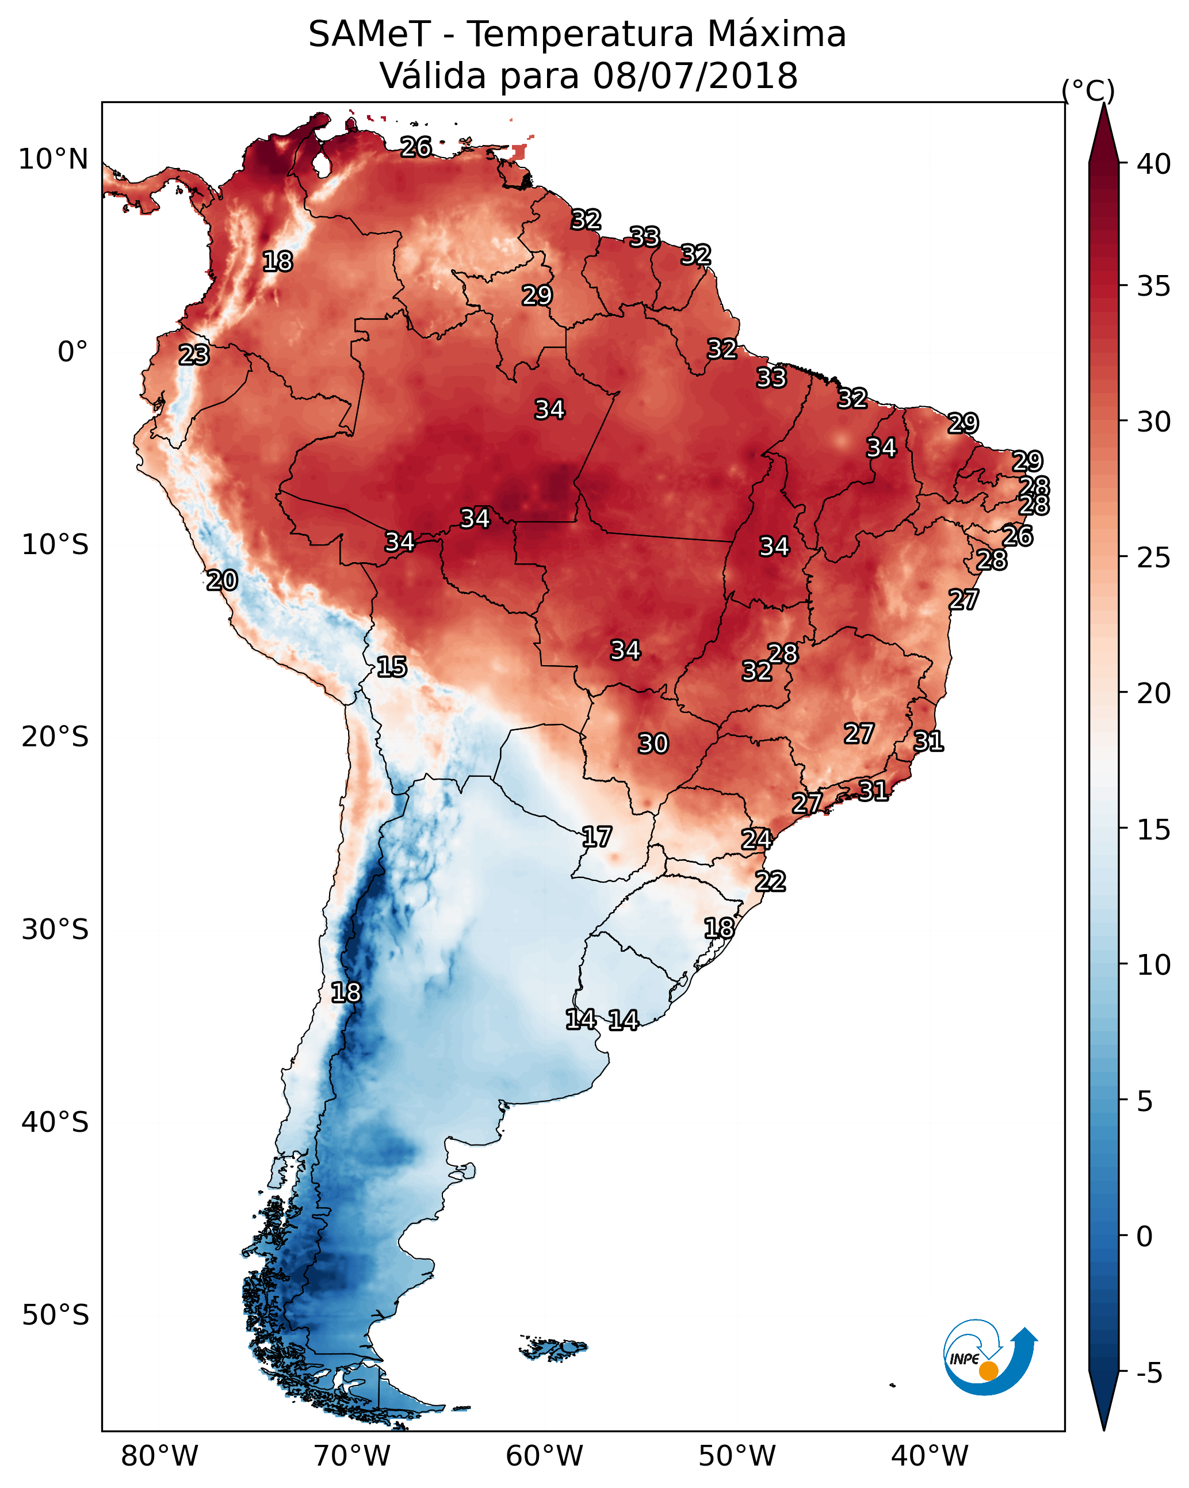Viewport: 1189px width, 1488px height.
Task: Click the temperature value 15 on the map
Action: (391, 667)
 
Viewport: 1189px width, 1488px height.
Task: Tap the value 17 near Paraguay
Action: (596, 837)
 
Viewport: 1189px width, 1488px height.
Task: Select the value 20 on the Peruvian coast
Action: (222, 581)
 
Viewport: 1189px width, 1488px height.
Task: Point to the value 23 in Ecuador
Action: (194, 355)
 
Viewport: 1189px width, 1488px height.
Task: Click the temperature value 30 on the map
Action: (653, 743)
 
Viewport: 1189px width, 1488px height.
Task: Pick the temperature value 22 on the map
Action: (770, 882)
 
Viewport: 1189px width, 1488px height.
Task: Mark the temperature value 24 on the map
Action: (756, 840)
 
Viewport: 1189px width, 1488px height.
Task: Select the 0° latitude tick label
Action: (72, 352)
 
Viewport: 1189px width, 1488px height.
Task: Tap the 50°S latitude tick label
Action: (55, 1315)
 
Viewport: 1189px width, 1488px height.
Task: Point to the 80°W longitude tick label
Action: (159, 1456)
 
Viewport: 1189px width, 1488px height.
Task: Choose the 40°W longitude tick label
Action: (930, 1456)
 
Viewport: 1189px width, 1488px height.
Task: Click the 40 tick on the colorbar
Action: (1153, 164)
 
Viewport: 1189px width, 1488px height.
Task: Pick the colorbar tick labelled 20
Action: (1153, 693)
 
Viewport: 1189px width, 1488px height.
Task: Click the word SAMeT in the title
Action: (369, 35)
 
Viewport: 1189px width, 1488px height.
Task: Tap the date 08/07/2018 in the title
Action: (695, 76)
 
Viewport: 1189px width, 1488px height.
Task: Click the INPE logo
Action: (988, 1357)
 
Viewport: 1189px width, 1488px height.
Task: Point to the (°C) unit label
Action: (1088, 90)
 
